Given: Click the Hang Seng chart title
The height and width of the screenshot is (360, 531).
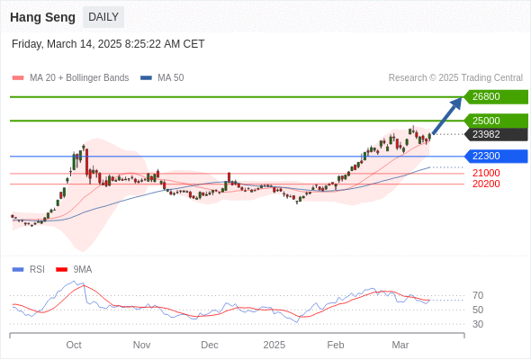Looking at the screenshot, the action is coord(42,17).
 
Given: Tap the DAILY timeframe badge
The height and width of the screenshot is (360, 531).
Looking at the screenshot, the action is coord(103,17).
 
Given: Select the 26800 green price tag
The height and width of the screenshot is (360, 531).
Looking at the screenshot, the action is coord(496,97).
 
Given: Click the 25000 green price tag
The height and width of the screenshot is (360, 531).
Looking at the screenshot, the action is coord(496,121).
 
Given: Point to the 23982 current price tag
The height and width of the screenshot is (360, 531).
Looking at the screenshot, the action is coord(496,134).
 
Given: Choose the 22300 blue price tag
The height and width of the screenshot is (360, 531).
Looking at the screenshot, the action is coord(496,156).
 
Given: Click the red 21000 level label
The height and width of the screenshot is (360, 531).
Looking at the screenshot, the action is coord(486,173).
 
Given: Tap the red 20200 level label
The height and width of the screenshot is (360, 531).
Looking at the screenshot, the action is coord(486,184).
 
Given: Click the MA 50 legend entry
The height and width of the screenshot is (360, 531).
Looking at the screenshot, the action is coord(162,78).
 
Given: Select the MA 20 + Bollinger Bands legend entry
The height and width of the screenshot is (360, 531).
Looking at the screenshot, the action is coord(70,78).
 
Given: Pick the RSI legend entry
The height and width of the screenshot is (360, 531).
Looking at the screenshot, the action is coord(29,270).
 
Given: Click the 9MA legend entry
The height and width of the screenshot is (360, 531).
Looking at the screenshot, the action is coord(74,270).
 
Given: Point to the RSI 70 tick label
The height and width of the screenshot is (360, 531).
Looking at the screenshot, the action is coord(478,296).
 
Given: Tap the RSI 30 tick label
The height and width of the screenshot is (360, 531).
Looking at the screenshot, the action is coord(478,324).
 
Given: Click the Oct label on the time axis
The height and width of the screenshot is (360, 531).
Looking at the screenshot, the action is coord(74,345).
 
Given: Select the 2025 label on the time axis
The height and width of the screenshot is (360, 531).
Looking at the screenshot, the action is coord(274,345).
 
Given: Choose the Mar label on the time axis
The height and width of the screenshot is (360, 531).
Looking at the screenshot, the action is coord(400,345).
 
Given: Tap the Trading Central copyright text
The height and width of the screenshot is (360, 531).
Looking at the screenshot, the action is coord(455,78).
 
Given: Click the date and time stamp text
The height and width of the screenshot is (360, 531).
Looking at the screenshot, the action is coord(108,44).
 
